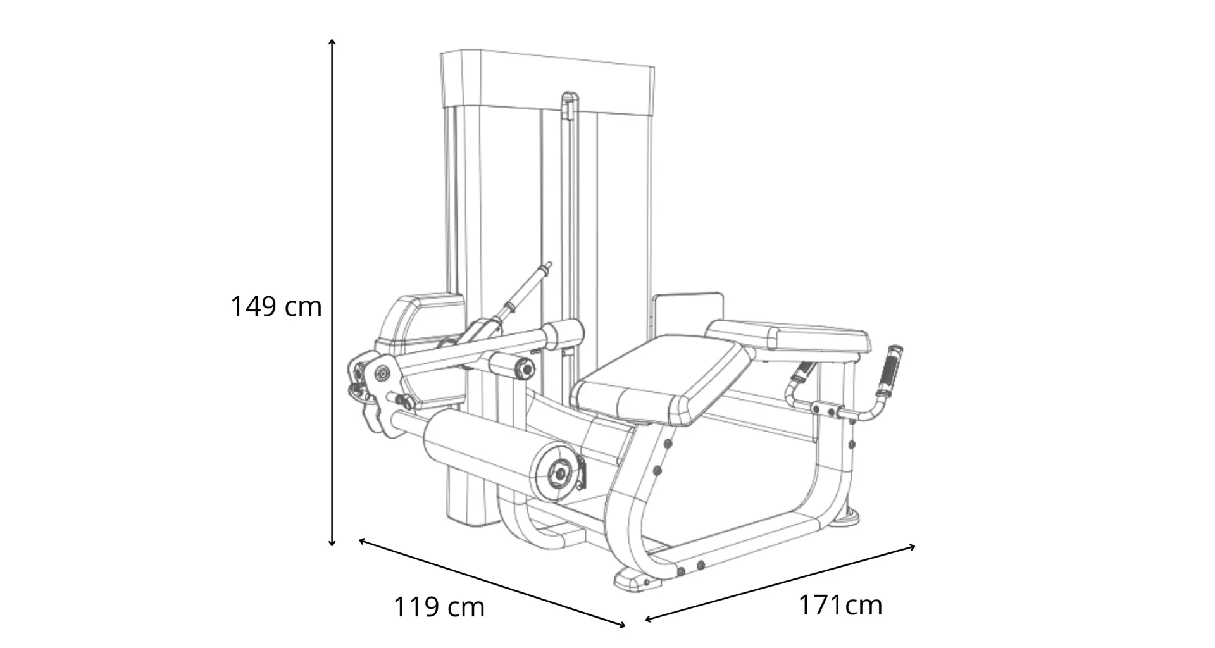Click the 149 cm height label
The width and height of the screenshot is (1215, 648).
click(276, 306)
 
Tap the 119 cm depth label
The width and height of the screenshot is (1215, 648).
click(439, 607)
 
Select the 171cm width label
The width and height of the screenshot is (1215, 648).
click(840, 605)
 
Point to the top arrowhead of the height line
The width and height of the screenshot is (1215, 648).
click(332, 42)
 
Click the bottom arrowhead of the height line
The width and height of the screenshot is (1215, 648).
click(332, 542)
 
